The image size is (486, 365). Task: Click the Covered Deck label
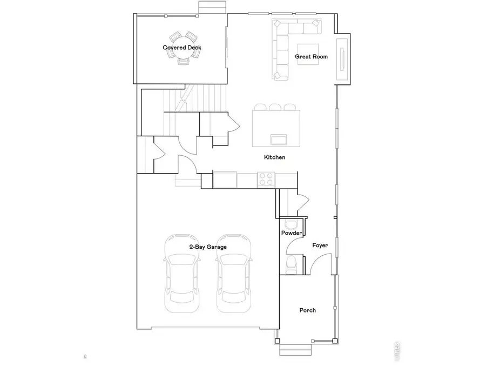pos(182,48)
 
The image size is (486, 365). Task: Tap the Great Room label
pos(312,56)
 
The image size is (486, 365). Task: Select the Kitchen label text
pos(274,157)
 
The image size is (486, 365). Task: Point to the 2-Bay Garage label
pos(208,247)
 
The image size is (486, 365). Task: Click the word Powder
pos(292,233)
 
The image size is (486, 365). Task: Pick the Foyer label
pos(320,245)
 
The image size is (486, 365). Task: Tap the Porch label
pos(308,310)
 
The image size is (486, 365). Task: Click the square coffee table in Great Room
pos(308,54)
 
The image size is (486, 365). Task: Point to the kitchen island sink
pos(279,140)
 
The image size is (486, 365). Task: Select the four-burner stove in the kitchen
pos(266,179)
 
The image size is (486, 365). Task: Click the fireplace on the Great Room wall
pos(342,59)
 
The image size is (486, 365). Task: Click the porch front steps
pos(295,350)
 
